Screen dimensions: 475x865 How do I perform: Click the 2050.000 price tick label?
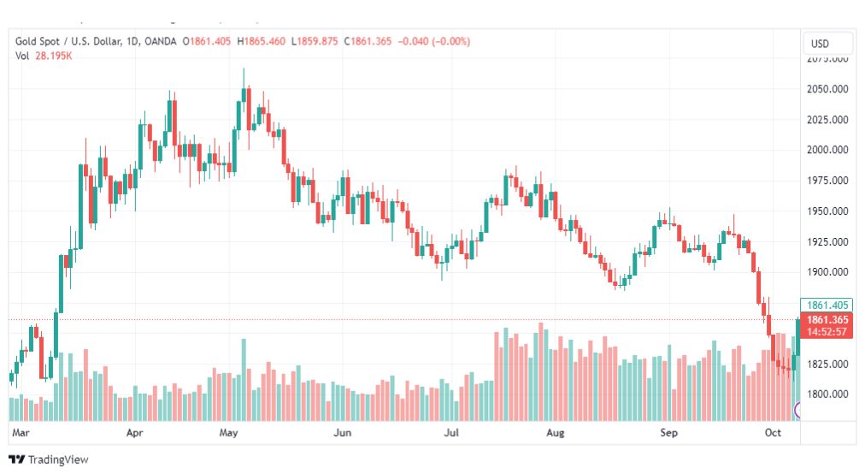coord(827,89)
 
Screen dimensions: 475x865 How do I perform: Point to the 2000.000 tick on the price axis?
coord(827,150)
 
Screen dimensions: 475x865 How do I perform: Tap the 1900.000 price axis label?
coord(827,272)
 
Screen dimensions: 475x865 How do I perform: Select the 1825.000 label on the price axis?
coord(827,365)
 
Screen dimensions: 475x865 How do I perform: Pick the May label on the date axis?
coord(228,433)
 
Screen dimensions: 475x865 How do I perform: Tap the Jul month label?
coord(452,433)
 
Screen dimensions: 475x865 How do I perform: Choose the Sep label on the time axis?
coord(669,433)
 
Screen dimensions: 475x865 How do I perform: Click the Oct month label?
coord(773,433)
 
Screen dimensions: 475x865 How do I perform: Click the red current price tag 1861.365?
coord(827,320)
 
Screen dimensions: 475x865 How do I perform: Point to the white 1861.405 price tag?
coord(827,305)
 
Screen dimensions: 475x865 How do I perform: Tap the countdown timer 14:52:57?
coord(827,332)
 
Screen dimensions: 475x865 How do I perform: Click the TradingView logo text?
coord(58,460)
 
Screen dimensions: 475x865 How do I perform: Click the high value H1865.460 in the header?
coord(262,42)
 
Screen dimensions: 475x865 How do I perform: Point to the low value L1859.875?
coord(315,42)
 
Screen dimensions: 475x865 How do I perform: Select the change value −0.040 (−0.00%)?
coord(433,42)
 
